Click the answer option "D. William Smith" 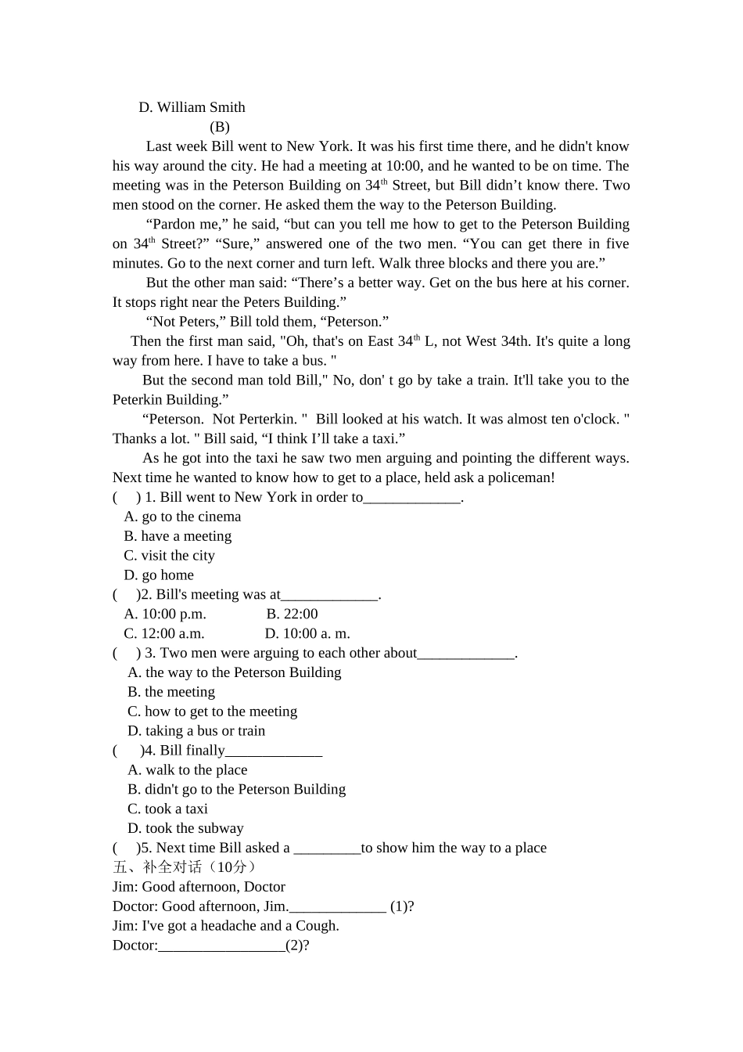[x=192, y=107]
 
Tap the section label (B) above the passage [x=219, y=127]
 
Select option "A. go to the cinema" [x=182, y=517]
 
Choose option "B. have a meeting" [x=178, y=536]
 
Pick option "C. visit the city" [x=169, y=556]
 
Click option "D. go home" [x=159, y=575]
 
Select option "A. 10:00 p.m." [x=165, y=614]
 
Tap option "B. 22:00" [x=292, y=614]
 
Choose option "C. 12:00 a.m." [x=164, y=634]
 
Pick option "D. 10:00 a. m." [x=307, y=634]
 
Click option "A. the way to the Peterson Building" [x=235, y=672]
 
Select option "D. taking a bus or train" [x=196, y=731]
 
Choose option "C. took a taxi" [x=167, y=809]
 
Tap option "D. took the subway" [x=185, y=828]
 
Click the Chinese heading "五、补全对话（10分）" [x=185, y=867]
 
